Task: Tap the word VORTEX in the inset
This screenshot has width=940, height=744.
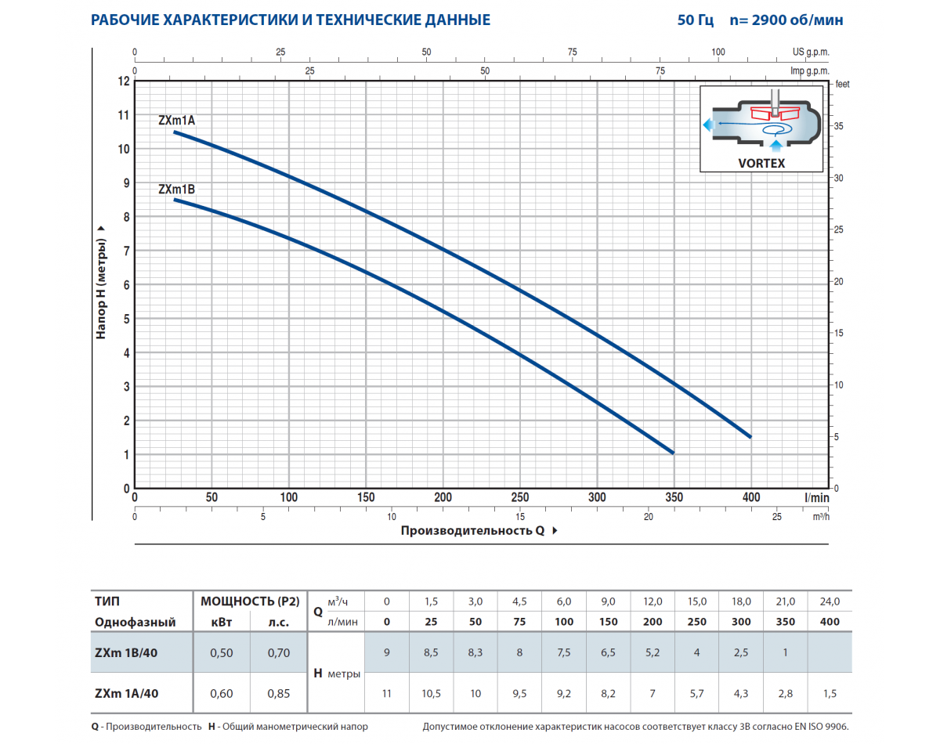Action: tap(761, 163)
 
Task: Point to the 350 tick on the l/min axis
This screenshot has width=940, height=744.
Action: tap(674, 497)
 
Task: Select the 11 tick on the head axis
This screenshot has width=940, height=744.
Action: tap(123, 115)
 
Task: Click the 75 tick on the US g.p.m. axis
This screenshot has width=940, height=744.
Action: tap(573, 52)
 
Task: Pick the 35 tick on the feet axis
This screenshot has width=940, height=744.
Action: tap(838, 126)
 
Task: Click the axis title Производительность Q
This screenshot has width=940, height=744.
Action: tap(472, 531)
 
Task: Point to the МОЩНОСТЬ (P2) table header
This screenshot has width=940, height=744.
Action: tap(250, 601)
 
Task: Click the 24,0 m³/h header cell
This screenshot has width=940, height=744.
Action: tap(830, 601)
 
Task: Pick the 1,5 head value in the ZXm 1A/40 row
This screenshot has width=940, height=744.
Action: tap(830, 693)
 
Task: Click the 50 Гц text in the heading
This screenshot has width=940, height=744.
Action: tap(695, 20)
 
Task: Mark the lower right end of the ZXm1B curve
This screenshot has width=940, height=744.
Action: tap(672, 452)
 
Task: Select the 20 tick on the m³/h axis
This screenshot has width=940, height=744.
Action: tap(649, 517)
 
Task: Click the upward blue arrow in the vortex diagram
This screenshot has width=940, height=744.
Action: tap(775, 144)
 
